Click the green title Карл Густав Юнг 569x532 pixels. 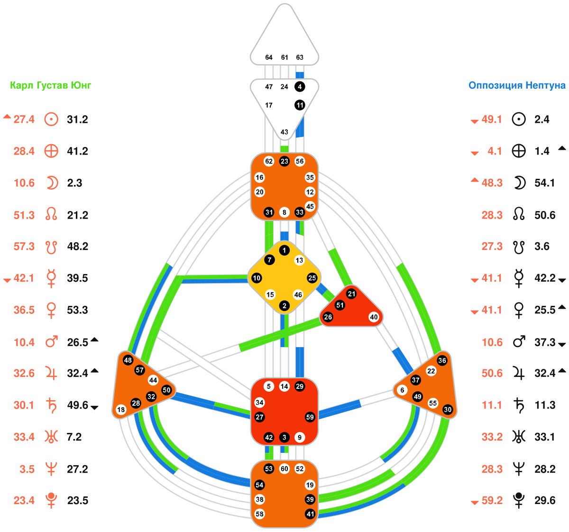[51, 85]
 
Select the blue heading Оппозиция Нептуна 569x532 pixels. [517, 85]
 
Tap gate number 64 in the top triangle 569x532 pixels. [269, 57]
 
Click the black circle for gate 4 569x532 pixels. [300, 87]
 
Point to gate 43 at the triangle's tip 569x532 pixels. [284, 132]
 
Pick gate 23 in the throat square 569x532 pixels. [284, 161]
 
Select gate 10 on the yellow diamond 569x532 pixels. [257, 278]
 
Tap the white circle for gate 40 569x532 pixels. [374, 317]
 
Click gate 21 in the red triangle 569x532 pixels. [351, 294]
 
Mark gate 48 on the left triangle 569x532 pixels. [128, 360]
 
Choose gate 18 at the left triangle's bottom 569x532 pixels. [121, 410]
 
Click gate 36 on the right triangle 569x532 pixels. [442, 360]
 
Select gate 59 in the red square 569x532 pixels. [310, 417]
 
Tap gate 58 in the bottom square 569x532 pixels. [259, 514]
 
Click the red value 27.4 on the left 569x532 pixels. [24, 119]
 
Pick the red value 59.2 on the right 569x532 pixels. [492, 501]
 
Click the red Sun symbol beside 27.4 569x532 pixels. [51, 119]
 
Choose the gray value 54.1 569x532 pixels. [544, 183]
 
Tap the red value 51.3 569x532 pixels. [24, 215]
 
